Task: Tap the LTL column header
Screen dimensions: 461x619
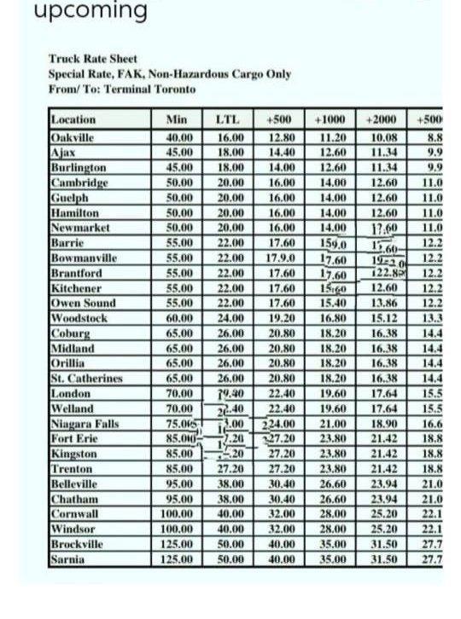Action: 227,120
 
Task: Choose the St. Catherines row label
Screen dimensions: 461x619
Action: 86,378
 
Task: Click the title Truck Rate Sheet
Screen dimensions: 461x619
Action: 93,60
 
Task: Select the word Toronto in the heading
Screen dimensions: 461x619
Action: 176,89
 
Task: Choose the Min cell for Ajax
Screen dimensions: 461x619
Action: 180,151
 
